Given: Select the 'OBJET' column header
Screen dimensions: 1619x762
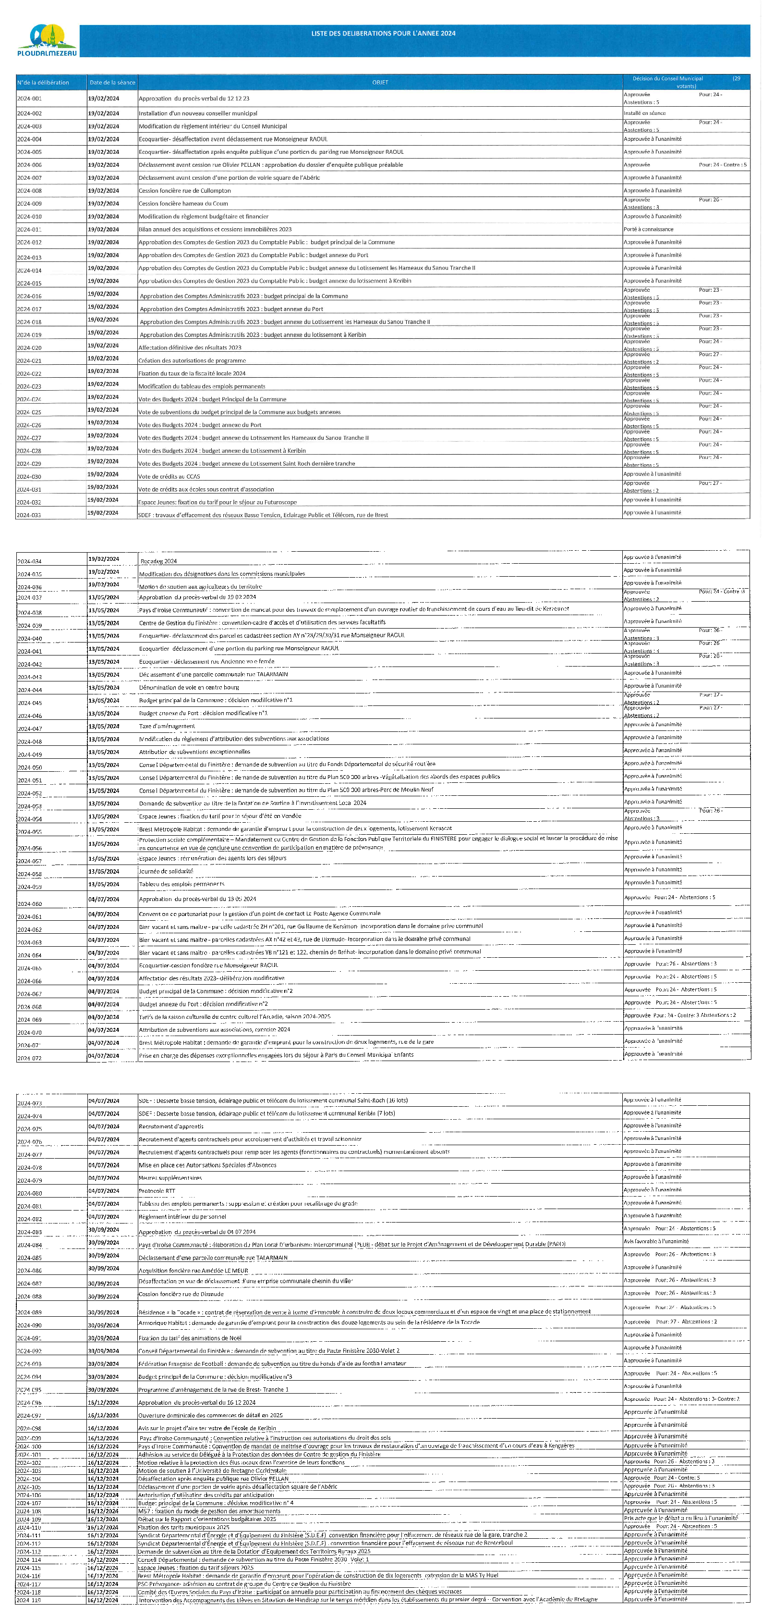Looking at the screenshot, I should [x=380, y=82].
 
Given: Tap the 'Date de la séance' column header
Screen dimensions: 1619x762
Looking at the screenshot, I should [x=112, y=82].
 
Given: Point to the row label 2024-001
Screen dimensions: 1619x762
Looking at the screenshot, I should [x=29, y=99].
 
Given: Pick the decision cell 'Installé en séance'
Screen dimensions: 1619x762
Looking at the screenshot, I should [x=644, y=113].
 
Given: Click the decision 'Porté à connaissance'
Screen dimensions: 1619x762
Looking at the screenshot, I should [x=648, y=229].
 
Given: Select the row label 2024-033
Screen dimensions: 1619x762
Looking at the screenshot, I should [x=29, y=515].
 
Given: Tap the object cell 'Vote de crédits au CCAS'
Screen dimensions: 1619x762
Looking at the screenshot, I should [x=169, y=476].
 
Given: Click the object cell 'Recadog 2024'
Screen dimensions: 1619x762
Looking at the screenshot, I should [x=158, y=561].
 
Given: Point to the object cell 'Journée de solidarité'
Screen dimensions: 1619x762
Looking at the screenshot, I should [x=166, y=871].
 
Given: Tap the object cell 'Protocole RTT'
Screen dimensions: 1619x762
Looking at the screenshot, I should [x=157, y=1191].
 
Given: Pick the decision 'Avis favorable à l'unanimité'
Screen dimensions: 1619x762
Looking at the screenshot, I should [x=656, y=1241].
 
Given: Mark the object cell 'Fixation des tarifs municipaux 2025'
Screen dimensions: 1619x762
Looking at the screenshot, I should [x=184, y=1527].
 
